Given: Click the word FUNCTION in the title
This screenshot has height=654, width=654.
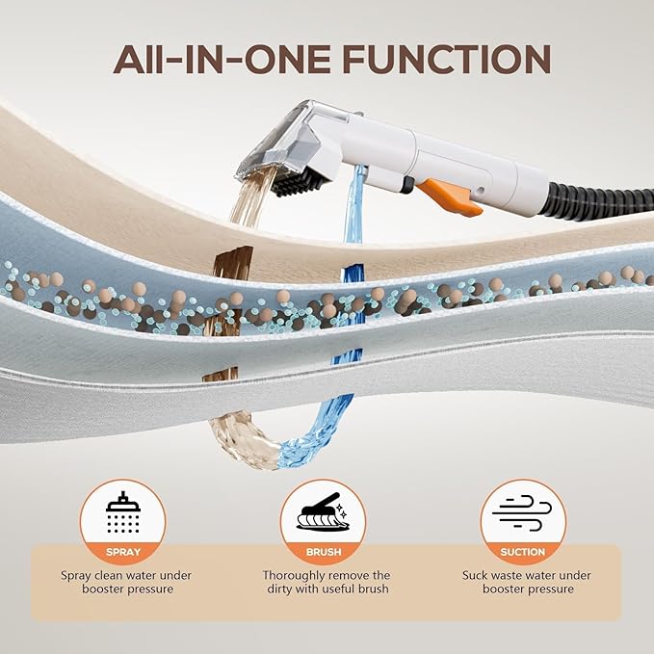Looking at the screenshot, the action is [447, 59].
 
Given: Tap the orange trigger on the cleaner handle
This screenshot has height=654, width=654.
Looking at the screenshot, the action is [449, 196].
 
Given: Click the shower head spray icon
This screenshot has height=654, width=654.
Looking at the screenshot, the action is [123, 512].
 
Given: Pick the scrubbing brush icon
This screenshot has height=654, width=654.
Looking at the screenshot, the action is [323, 511].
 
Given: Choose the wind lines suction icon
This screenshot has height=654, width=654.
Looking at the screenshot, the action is [522, 512].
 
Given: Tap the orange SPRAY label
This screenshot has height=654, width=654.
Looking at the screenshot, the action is [123, 552].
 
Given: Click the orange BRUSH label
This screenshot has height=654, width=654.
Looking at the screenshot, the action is [324, 552].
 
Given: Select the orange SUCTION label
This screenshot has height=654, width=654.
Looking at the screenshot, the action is [523, 552].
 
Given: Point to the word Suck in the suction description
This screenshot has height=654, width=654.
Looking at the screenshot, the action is [473, 576].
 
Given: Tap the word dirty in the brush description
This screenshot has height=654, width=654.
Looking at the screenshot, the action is [279, 589].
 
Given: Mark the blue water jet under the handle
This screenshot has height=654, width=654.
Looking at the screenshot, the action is [353, 204].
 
